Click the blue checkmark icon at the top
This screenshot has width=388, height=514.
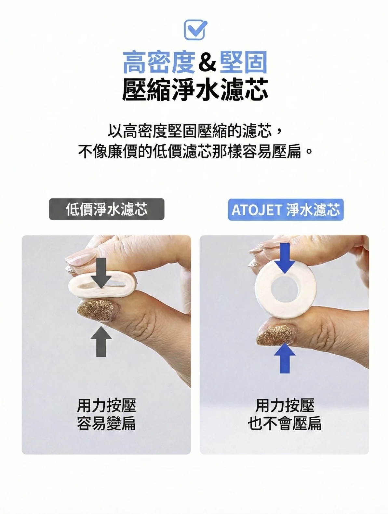pos(195,30)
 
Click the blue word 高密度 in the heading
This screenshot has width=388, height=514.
pos(159,62)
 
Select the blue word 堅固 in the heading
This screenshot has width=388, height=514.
pos(243,62)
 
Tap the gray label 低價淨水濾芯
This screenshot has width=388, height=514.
pos(107,209)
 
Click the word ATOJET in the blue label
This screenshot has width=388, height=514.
pos(256,210)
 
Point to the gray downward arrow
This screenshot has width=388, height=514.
pos(101,273)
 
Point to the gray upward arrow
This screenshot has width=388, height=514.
pos(101,341)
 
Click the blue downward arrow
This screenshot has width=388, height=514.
pos(285,258)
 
